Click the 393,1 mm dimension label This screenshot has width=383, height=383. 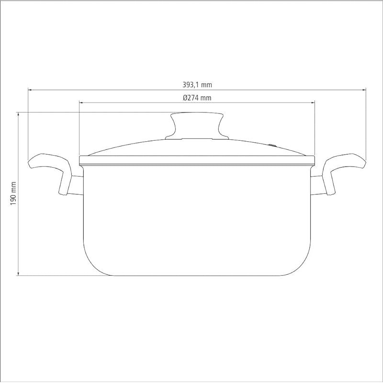click(x=197, y=85)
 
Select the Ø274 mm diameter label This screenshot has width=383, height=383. click(x=197, y=98)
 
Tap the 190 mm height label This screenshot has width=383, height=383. click(x=13, y=194)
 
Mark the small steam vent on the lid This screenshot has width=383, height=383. click(x=273, y=144)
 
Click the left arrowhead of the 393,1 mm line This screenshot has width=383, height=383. click(x=30, y=90)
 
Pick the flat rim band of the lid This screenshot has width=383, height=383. click(x=197, y=159)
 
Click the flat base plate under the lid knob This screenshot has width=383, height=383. click(x=197, y=138)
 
